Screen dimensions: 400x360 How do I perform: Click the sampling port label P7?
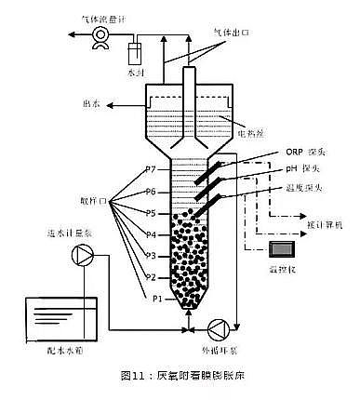tap(150, 170)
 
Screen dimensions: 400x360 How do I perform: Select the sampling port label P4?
tap(150, 236)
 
